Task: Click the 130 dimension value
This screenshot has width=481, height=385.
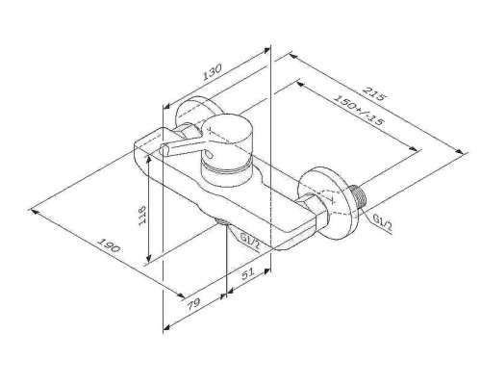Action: [x=212, y=72]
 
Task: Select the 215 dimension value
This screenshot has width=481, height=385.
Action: [x=373, y=93]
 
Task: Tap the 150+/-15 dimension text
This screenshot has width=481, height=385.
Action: [x=359, y=110]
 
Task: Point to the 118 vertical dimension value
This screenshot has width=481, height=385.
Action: [x=142, y=216]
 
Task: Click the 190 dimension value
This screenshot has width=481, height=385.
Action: [x=109, y=245]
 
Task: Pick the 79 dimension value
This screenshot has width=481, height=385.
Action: [x=193, y=303]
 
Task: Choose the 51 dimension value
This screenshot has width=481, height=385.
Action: [x=247, y=273]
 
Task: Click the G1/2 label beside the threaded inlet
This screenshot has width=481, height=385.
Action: [x=383, y=222]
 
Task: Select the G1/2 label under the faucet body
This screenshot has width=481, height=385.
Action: [x=250, y=242]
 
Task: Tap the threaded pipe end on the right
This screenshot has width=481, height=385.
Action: [x=360, y=197]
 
